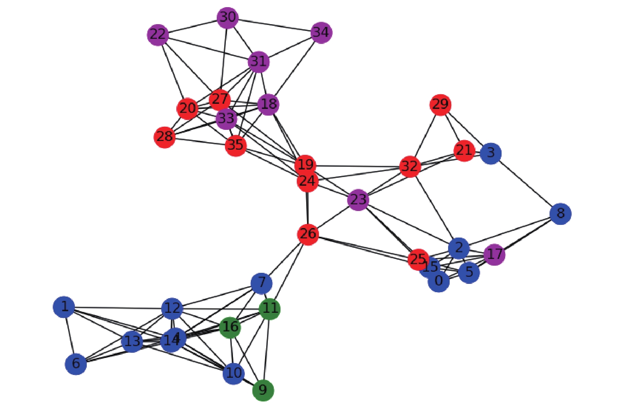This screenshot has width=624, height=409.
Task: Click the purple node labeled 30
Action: (227, 18)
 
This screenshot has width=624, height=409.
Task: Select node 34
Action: (321, 32)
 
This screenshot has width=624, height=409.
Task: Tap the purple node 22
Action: (158, 34)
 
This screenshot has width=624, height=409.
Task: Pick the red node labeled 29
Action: (440, 105)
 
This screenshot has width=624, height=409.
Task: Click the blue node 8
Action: (560, 213)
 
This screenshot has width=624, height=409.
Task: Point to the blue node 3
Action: (490, 153)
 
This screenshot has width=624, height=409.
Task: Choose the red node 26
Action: (308, 234)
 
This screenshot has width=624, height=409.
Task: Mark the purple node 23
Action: (358, 200)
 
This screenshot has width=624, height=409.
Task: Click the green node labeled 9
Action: (263, 390)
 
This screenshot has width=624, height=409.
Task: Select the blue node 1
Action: (64, 306)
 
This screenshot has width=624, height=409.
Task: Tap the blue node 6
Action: (76, 363)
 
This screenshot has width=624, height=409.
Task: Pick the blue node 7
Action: (261, 283)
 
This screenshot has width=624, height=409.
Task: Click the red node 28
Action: (164, 137)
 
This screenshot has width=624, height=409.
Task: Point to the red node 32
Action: (410, 167)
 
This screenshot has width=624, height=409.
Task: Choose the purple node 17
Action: (494, 254)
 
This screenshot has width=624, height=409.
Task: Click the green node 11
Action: (270, 308)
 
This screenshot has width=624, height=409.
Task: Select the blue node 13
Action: (132, 341)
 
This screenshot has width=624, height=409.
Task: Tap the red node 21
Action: (464, 150)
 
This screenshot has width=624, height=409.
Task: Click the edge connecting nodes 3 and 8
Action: (525, 183)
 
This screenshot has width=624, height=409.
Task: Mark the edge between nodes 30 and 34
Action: (274, 25)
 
